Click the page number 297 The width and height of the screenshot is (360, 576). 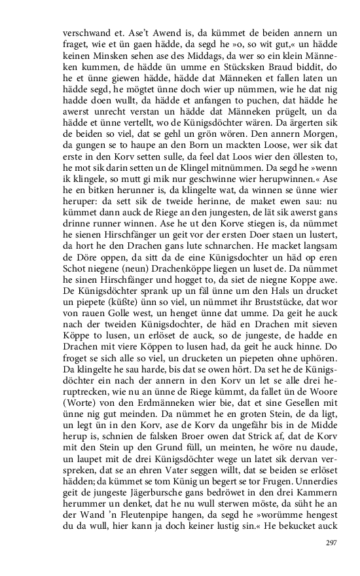[x=330, y=543]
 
